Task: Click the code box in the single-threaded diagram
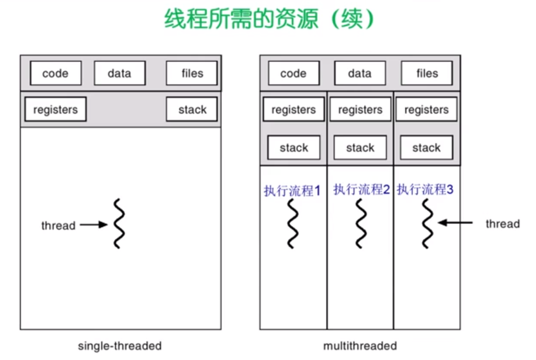tap(56, 73)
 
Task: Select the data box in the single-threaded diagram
tap(120, 73)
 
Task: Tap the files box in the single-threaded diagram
tap(192, 73)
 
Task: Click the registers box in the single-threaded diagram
tap(55, 110)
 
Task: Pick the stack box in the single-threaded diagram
tap(192, 110)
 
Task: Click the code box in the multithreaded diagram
tap(294, 73)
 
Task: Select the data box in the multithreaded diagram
tap(360, 73)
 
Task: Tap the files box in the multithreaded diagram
tap(426, 73)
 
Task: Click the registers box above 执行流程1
tap(294, 110)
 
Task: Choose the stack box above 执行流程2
tap(360, 148)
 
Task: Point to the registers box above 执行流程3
tap(426, 110)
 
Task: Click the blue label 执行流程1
tap(292, 191)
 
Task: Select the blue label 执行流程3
tap(425, 190)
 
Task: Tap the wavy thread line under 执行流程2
tap(361, 223)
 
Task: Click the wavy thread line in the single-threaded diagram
tap(119, 223)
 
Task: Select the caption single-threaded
tap(120, 346)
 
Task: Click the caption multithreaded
tap(360, 346)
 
